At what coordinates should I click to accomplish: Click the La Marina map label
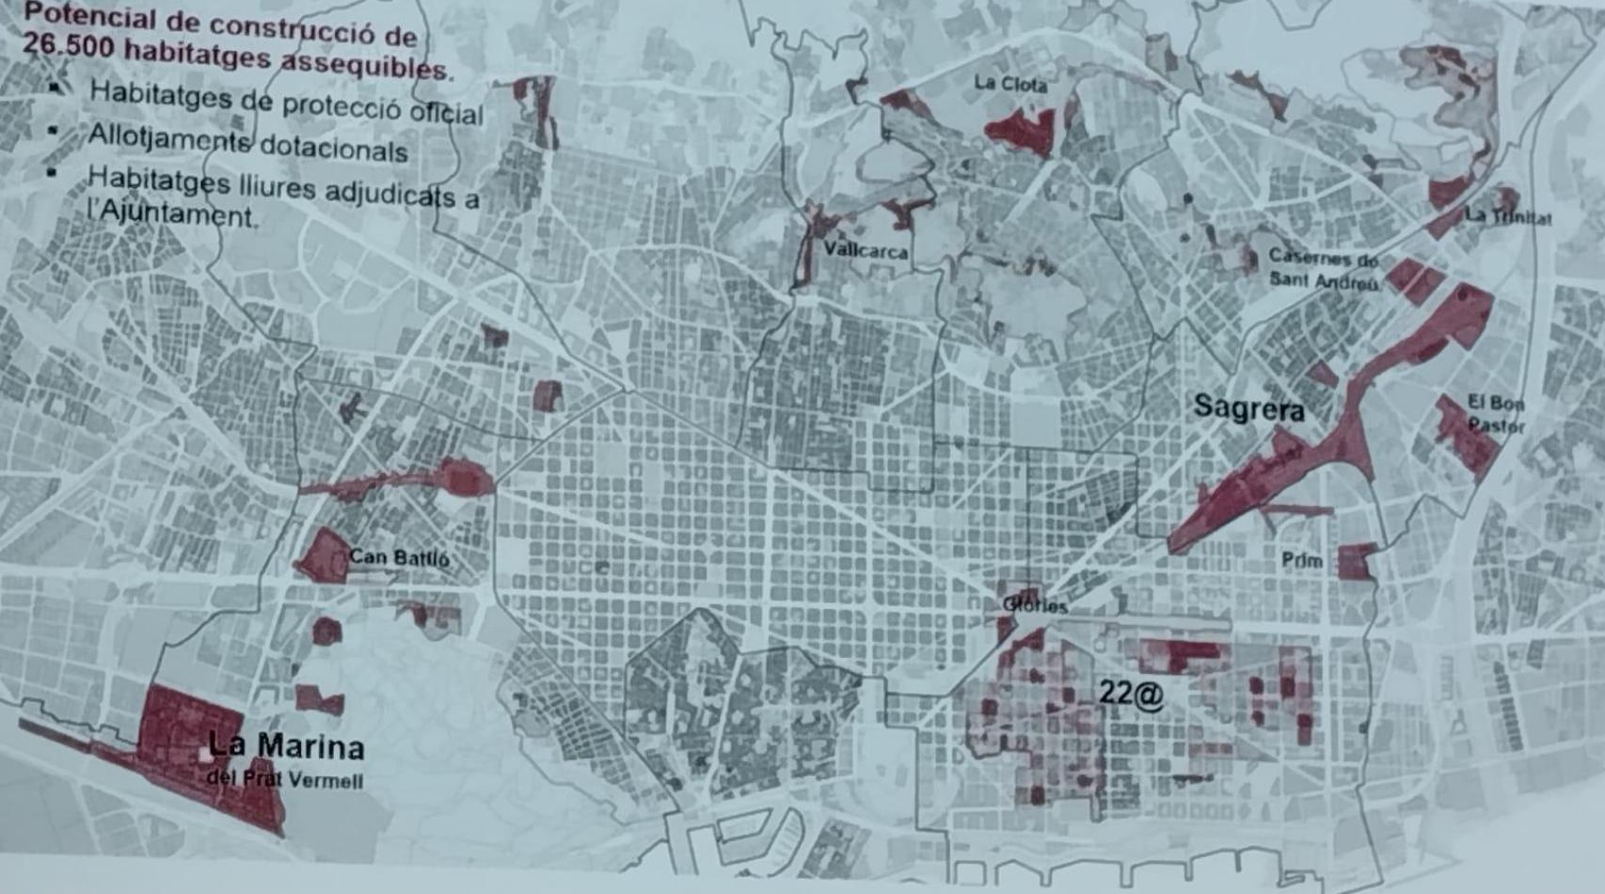coord(286,746)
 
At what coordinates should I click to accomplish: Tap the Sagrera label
coord(1248,408)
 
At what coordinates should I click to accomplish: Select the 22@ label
coord(1131,694)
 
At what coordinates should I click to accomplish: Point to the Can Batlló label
coord(399,557)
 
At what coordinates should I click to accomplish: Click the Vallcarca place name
coord(866,250)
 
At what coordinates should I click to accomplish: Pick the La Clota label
coord(1010,84)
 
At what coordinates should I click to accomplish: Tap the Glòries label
coord(1035,605)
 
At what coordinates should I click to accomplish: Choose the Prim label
coord(1302,561)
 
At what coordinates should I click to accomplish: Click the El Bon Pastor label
coord(1496,414)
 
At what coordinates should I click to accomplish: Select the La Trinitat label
coord(1508,216)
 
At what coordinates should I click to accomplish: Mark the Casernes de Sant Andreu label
coord(1324,268)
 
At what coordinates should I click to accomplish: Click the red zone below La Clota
coord(1021,131)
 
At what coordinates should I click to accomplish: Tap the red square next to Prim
coord(1356,562)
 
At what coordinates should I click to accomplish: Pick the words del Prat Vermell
coord(284,779)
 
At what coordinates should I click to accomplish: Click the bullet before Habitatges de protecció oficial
coord(56,88)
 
